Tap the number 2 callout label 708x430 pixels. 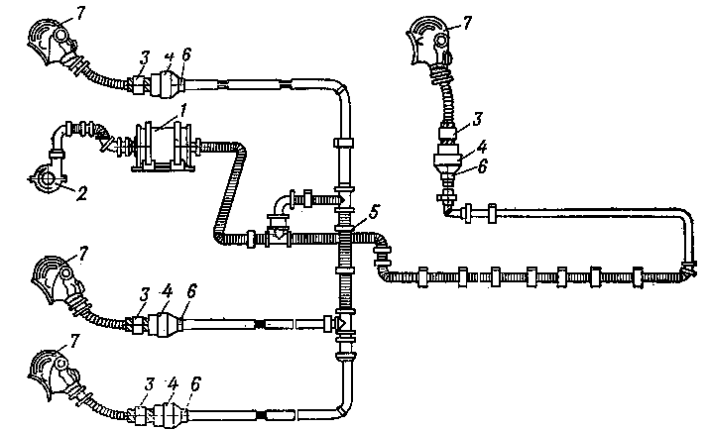click(x=82, y=192)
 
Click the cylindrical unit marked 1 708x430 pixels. click(x=160, y=147)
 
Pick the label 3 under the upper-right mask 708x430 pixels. click(x=477, y=120)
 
